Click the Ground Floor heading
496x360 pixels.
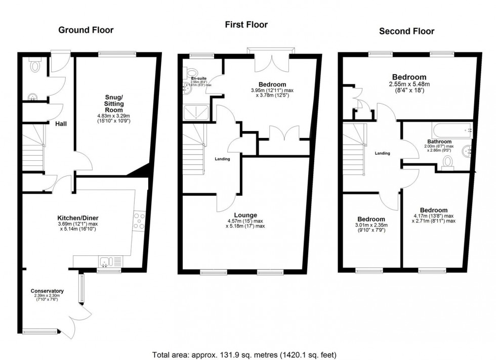[86, 30]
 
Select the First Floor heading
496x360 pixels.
[246, 24]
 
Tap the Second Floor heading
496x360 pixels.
[406, 31]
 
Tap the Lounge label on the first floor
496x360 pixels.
[245, 214]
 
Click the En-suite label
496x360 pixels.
[198, 78]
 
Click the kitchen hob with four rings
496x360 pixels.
[139, 222]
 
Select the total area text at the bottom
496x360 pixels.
[244, 354]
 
